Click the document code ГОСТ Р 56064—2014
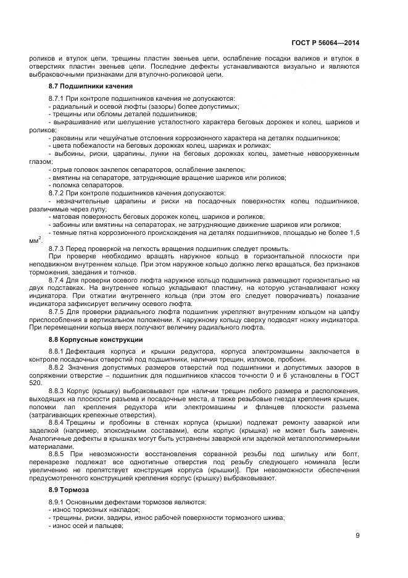325,43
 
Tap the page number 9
357,535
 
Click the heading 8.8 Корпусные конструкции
87,339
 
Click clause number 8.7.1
57,99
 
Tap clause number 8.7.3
57,248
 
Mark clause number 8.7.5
57,313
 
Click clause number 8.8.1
57,352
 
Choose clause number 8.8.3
57,391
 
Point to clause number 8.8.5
57,454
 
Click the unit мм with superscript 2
36,241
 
